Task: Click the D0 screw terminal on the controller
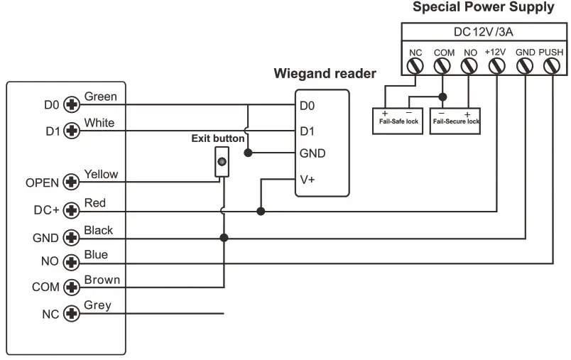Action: point(71,105)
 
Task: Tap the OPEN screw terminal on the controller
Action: point(71,182)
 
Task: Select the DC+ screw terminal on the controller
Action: point(71,211)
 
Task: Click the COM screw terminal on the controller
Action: point(71,288)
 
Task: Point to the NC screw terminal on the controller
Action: point(71,313)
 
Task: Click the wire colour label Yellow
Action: point(101,174)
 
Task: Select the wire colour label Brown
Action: point(102,280)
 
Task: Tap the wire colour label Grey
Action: point(97,305)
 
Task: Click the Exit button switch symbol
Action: point(222,162)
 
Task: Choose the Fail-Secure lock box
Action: point(455,117)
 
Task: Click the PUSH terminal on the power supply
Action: point(551,66)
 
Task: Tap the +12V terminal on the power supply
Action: point(496,66)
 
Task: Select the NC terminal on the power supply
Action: point(415,66)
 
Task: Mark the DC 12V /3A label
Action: point(483,33)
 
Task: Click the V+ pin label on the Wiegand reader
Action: point(307,180)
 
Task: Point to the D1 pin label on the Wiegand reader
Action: point(307,131)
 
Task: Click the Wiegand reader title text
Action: point(325,74)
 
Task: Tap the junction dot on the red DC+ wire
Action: point(261,211)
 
